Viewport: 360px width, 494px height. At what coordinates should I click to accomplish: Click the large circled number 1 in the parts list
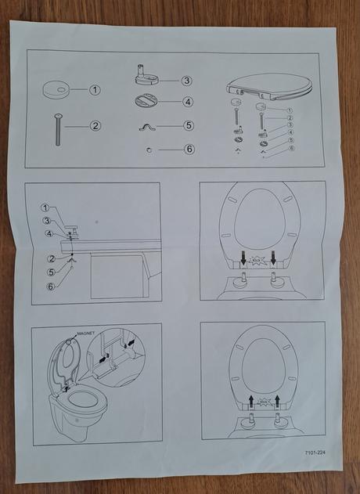tap(95, 90)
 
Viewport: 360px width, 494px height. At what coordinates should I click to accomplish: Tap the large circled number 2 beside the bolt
tap(95, 126)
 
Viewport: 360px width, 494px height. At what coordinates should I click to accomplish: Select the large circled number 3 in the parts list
tap(187, 81)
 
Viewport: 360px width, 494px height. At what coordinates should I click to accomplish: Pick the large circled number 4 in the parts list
tap(188, 102)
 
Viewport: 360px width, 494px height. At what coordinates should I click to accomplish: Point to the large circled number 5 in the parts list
tap(189, 125)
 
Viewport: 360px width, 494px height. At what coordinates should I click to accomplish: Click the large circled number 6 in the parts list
tap(189, 149)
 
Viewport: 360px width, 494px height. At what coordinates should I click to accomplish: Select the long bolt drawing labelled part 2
tap(58, 130)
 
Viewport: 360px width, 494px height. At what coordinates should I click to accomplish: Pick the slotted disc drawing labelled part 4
tap(146, 102)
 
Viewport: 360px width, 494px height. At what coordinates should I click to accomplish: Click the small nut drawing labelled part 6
tap(149, 150)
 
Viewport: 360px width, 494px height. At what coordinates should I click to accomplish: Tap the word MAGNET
tap(85, 334)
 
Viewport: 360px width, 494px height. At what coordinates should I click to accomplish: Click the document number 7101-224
tap(315, 453)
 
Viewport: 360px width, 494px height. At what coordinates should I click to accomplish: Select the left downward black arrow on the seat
tap(243, 258)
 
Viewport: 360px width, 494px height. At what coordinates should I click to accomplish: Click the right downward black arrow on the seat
tap(273, 258)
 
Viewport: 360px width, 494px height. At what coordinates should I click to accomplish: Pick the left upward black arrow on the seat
tap(251, 402)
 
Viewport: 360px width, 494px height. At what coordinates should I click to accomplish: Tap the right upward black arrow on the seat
tap(277, 402)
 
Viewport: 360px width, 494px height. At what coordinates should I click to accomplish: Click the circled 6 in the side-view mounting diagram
tap(51, 287)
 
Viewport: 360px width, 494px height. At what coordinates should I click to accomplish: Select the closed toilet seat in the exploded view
tap(269, 87)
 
